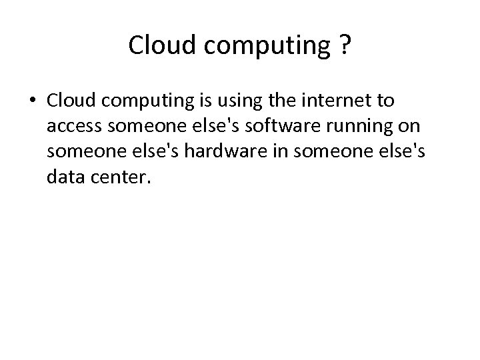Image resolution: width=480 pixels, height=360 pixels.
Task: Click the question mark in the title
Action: tap(345, 45)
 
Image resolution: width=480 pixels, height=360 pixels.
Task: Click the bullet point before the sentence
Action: tap(32, 102)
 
